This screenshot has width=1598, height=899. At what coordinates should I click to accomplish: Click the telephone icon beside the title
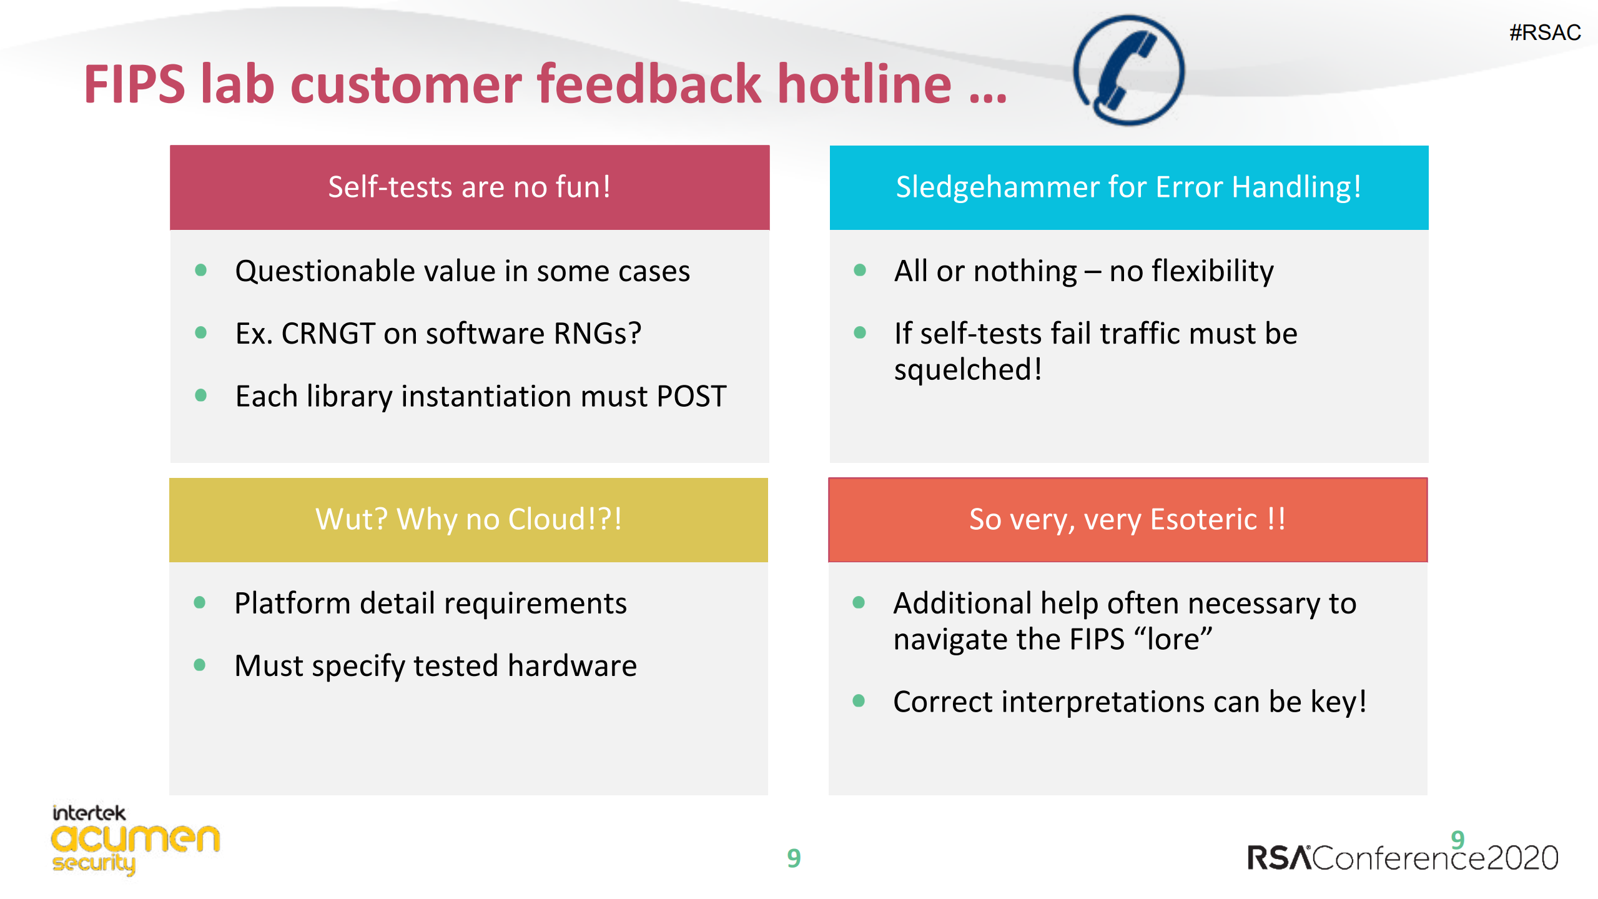[1128, 70]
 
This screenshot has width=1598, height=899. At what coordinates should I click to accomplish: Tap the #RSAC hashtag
[1545, 32]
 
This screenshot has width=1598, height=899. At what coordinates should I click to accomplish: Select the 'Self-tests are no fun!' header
[470, 187]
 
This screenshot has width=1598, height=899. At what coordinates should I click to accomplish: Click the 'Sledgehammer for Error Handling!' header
[1129, 187]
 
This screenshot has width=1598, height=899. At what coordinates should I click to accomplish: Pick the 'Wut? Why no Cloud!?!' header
[468, 520]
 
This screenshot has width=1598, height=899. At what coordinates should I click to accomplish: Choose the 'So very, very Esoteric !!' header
[1128, 520]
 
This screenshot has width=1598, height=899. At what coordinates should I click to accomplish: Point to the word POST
[691, 396]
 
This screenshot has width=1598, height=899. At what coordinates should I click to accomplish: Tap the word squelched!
[968, 369]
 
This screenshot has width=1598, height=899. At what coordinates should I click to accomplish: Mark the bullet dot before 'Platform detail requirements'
[200, 603]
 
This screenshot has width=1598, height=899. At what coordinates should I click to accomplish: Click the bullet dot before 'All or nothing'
[860, 270]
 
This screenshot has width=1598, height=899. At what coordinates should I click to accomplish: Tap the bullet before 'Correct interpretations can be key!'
[859, 701]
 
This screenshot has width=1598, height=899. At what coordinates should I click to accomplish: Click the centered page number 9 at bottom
[794, 858]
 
